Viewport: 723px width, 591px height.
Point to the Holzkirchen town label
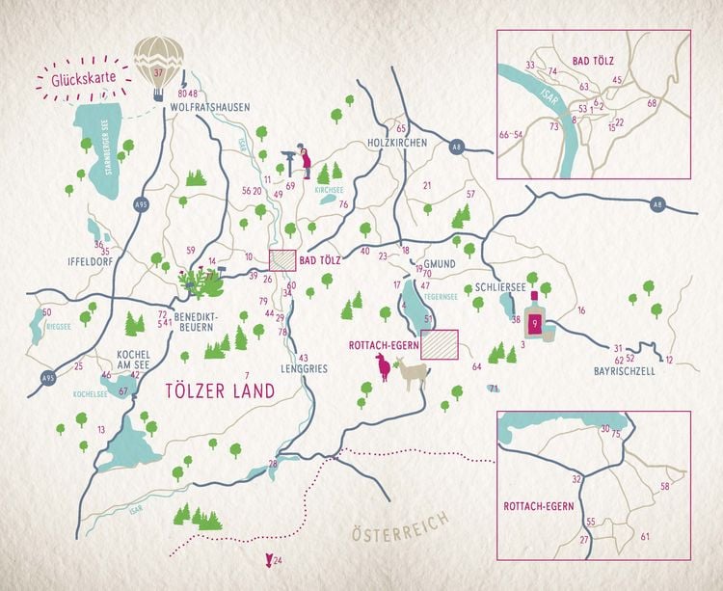click(x=397, y=143)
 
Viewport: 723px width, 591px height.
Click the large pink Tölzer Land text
click(x=219, y=390)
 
